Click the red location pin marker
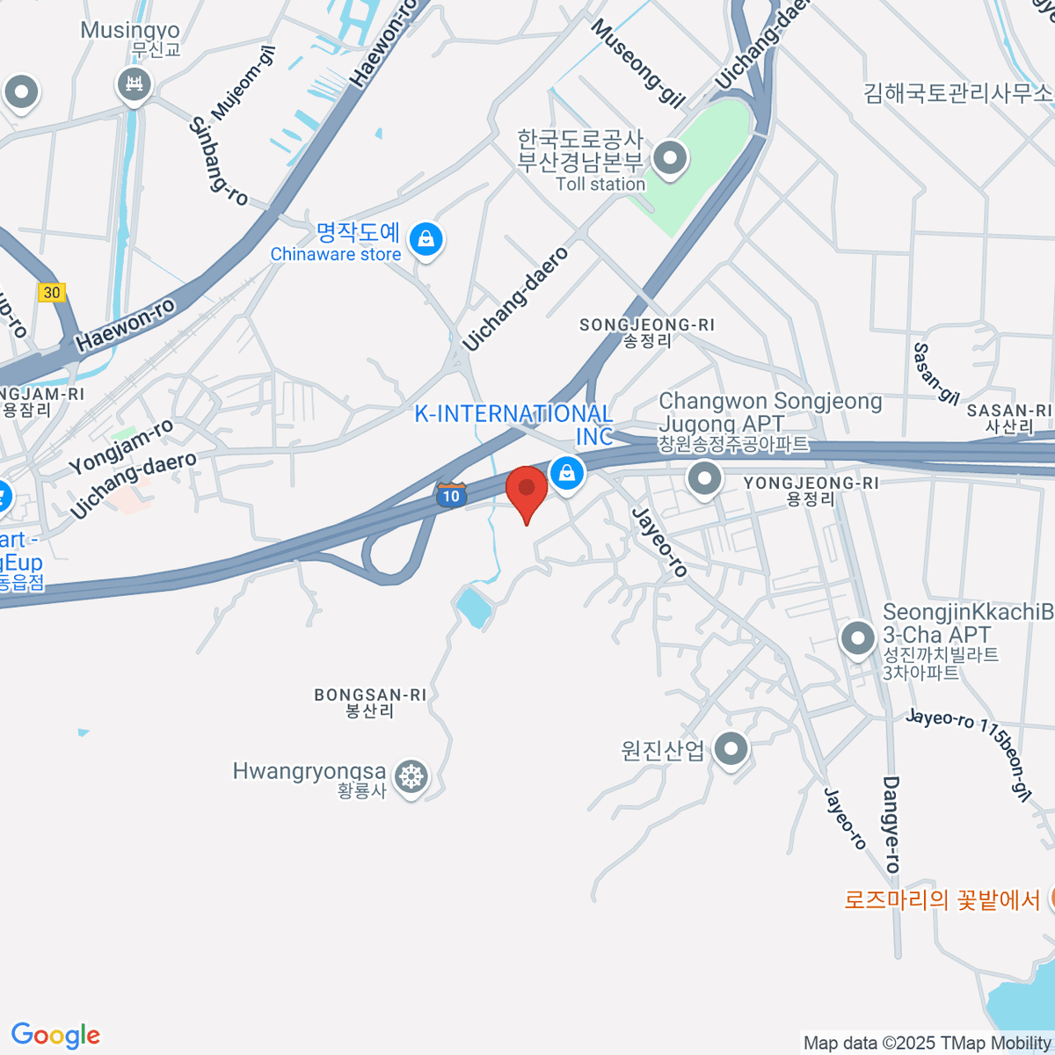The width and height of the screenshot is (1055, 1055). coord(527,489)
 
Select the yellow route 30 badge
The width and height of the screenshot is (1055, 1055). coord(53,293)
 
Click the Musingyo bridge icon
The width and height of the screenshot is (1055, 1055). coord(135,85)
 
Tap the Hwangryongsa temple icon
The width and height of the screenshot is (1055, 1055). coord(411,776)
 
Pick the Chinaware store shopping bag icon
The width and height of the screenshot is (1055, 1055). coord(426,238)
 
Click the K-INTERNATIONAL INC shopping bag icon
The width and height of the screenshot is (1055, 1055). coord(568,474)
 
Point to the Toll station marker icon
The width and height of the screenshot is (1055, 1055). coord(671,159)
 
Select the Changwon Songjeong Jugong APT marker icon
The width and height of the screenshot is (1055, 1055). coord(703,479)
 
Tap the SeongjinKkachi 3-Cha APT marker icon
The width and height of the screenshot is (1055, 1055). coord(858,638)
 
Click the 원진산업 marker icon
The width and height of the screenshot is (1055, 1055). coord(731,749)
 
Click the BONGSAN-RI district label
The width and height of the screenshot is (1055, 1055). coord(370,702)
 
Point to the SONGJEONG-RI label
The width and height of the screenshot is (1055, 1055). coord(647,332)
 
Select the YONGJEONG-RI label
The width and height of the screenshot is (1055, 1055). coord(810,491)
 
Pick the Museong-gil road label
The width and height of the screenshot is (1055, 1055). coord(637,63)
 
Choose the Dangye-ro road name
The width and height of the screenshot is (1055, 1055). coord(891,824)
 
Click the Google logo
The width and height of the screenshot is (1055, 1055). coord(55,1036)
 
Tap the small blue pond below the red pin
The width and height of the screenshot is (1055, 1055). coord(473,608)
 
